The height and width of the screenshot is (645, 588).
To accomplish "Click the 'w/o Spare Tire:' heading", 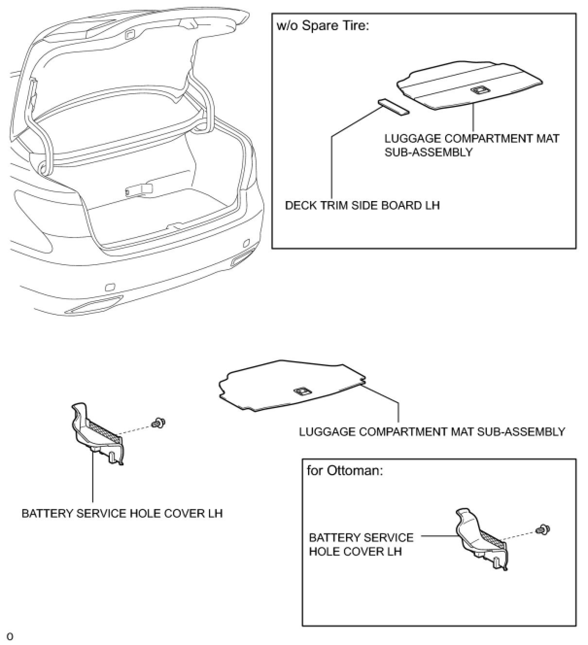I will (323, 26).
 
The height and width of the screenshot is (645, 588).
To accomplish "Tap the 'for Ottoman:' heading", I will (345, 471).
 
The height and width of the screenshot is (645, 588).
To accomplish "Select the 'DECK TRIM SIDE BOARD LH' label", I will (362, 205).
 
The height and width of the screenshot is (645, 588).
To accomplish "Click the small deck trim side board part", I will (393, 107).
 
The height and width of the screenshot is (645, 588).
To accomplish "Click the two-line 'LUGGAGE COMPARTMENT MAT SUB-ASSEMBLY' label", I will (471, 145).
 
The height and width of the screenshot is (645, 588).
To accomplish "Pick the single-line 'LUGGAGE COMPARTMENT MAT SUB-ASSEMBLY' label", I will (432, 431).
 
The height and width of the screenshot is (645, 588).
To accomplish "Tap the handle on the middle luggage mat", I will (302, 391).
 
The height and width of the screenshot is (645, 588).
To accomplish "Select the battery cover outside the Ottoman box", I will (97, 433).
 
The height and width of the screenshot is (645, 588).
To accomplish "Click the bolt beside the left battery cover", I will (156, 424).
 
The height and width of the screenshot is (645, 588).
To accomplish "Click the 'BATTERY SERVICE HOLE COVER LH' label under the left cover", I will (122, 513).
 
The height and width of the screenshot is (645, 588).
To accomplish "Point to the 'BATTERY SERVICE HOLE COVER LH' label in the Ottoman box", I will (361, 544).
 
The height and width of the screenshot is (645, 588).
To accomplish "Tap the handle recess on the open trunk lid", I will (130, 34).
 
